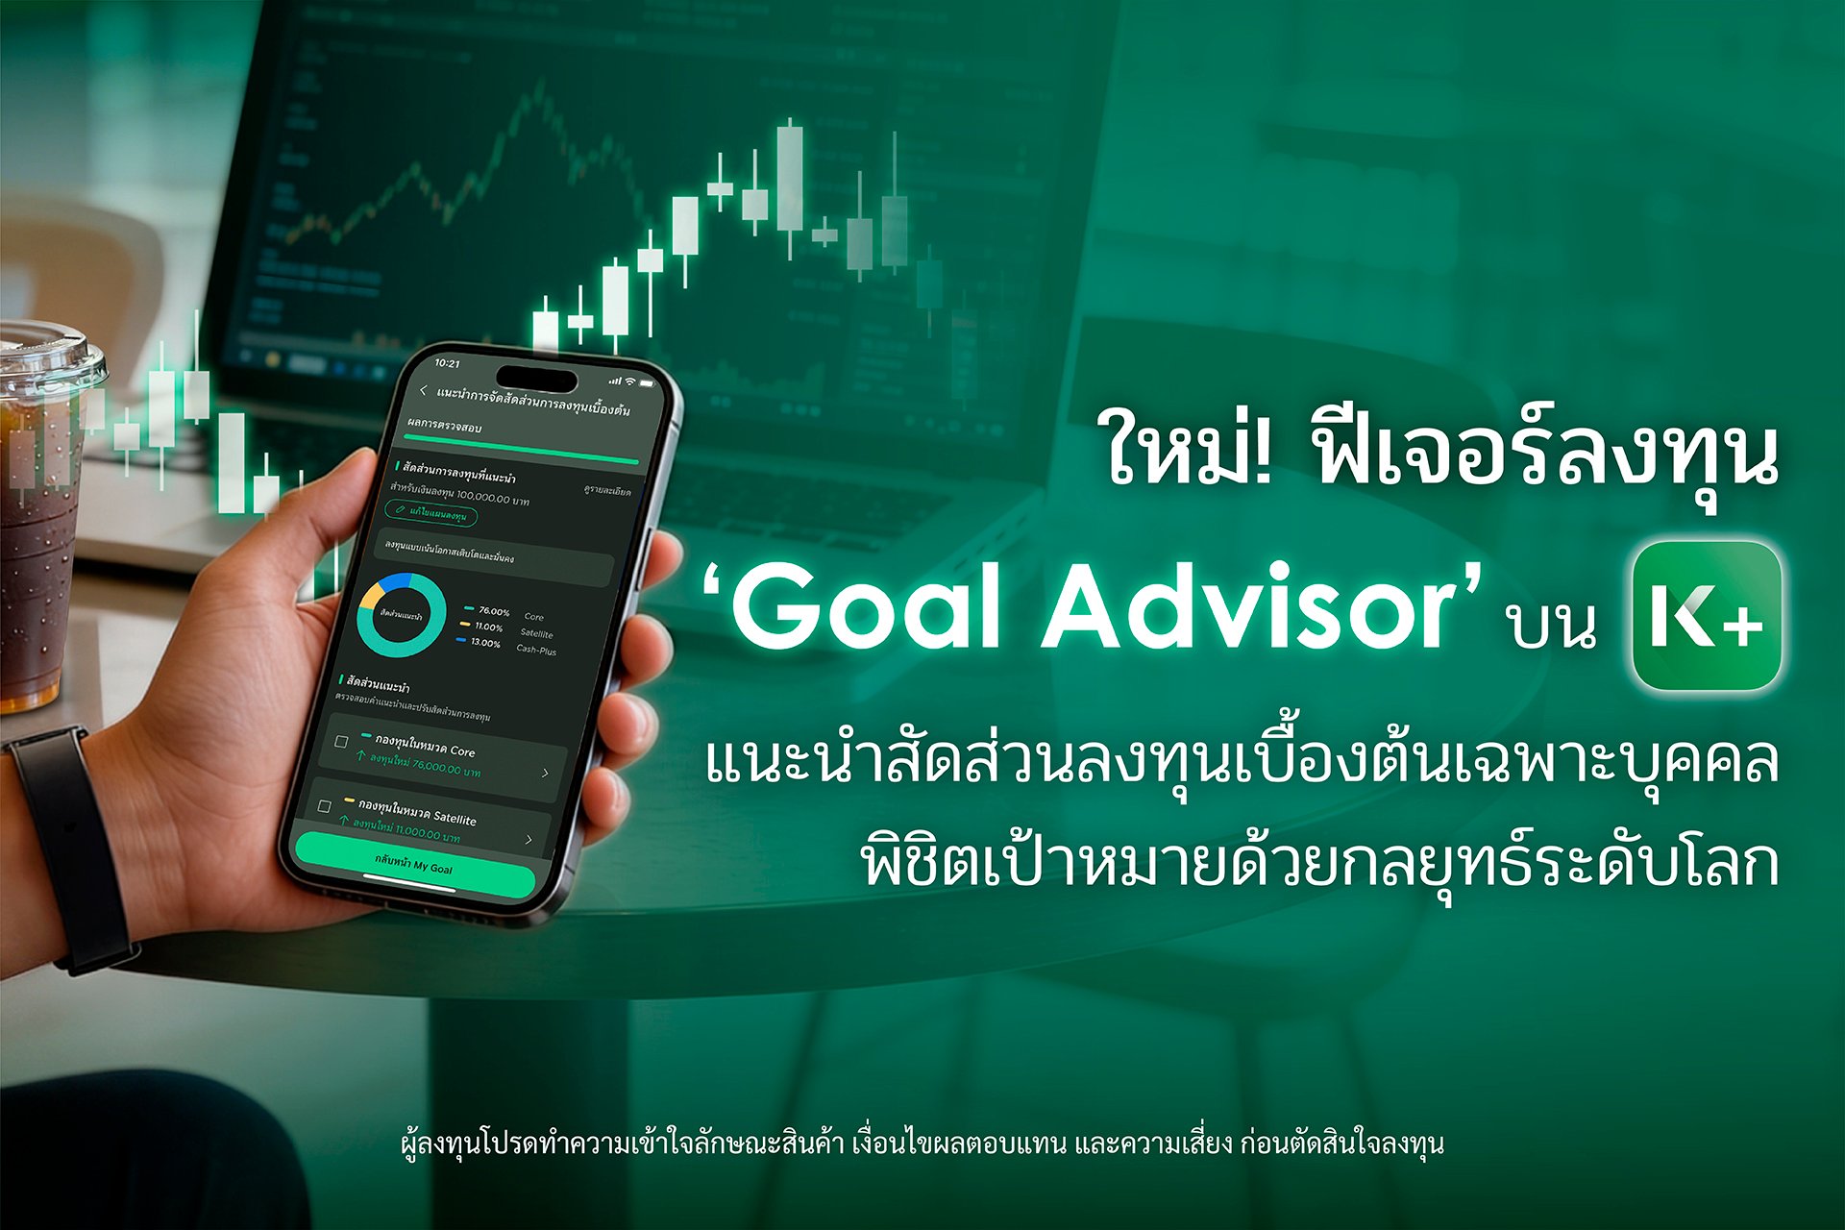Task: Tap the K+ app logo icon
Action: point(1707,616)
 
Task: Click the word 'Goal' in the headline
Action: point(870,608)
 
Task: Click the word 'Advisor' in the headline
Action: point(1249,608)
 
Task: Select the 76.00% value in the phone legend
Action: point(494,611)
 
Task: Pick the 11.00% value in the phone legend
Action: point(488,627)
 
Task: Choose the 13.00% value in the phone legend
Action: point(484,643)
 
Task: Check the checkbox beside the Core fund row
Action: point(341,742)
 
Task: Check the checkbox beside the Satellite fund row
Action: point(324,805)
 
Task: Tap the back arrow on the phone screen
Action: point(424,390)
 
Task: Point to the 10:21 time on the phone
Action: point(447,363)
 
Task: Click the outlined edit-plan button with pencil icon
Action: point(431,514)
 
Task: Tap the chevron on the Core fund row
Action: point(545,773)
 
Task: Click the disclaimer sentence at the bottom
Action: point(922,1144)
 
